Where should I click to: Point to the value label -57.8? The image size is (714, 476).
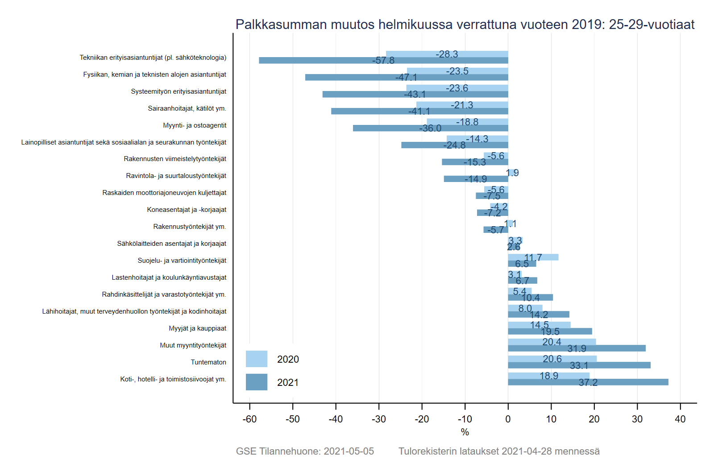point(383,60)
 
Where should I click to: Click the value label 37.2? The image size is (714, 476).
point(588,382)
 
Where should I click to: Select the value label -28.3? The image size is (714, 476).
point(447,54)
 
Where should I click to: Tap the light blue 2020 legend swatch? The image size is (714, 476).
point(257,359)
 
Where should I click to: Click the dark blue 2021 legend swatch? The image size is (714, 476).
point(257,382)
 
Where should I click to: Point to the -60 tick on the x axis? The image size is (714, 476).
point(249,419)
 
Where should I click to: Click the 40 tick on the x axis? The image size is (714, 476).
point(680,419)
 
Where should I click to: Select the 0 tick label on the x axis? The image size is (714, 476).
point(508,419)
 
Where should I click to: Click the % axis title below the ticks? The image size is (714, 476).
point(465,432)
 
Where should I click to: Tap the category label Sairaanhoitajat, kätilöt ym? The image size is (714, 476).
point(187,108)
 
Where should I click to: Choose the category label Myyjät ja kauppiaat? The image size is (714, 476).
point(197,328)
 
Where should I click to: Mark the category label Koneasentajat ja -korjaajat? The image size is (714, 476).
point(187,210)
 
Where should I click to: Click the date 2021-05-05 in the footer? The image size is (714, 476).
point(349,451)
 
